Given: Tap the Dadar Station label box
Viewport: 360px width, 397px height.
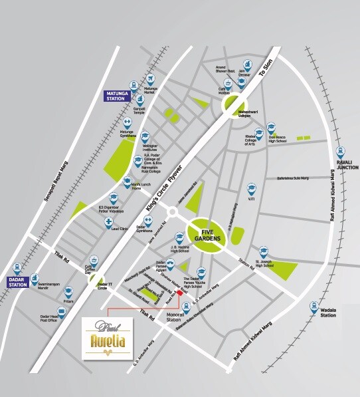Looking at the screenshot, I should click(x=18, y=282).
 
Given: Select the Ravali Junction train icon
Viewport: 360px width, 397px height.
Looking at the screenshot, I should click(x=340, y=152).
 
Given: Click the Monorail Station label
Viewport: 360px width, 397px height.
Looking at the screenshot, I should click(x=175, y=317).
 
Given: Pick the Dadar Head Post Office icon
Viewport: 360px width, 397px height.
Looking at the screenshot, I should click(x=62, y=312).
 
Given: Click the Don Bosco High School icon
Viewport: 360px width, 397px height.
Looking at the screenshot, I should click(x=270, y=127).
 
